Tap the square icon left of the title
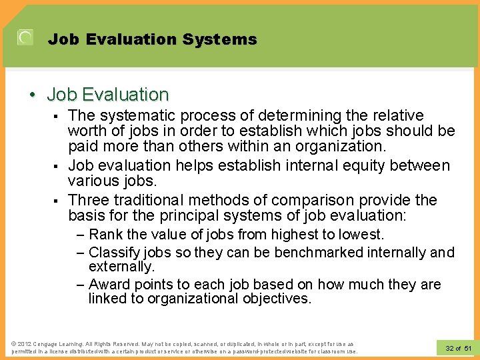click(x=25, y=38)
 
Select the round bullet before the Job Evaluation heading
click(x=33, y=95)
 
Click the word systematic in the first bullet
click(x=131, y=115)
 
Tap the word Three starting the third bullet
click(x=89, y=200)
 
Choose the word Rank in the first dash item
click(x=105, y=235)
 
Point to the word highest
click(x=289, y=235)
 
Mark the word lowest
click(x=360, y=235)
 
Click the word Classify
click(x=113, y=253)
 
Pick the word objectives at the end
click(x=275, y=299)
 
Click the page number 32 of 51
click(x=457, y=348)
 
